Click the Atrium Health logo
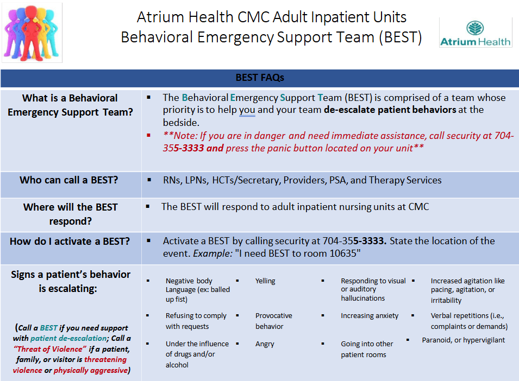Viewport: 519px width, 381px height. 476,33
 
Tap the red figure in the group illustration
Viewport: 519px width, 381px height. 32,33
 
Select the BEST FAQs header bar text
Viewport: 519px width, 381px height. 260,77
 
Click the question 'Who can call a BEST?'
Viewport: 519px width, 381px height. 69,180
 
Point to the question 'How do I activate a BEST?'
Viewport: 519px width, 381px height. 70,241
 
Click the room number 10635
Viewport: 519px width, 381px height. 340,253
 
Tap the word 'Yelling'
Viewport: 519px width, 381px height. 265,281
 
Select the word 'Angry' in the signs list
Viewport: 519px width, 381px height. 265,344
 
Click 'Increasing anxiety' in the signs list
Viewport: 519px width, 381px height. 370,315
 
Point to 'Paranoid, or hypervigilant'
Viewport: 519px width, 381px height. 464,340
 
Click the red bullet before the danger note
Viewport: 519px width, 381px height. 148,135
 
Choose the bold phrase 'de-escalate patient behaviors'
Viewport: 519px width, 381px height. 390,110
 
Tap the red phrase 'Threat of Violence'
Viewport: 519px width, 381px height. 50,349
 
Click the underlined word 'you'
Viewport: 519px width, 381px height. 247,110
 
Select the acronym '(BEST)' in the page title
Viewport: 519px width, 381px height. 401,37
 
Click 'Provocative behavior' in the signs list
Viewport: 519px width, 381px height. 274,321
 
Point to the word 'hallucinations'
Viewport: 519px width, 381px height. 363,298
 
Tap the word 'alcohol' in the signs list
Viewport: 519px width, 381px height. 177,365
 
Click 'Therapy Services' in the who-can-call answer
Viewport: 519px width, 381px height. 405,180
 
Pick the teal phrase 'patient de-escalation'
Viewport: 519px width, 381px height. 68,338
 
